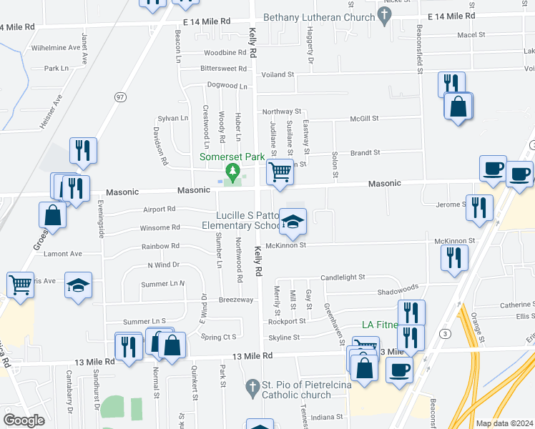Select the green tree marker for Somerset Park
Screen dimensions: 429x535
pyautogui.click(x=232, y=172)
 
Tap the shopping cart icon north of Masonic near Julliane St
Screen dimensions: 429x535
pyautogui.click(x=280, y=172)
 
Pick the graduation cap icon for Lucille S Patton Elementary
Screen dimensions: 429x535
pyautogui.click(x=293, y=222)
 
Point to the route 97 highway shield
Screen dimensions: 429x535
pyautogui.click(x=121, y=96)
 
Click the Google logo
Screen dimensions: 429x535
pyautogui.click(x=24, y=420)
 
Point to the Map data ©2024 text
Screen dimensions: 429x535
pyautogui.click(x=504, y=423)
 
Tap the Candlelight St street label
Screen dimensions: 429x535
pyautogui.click(x=343, y=277)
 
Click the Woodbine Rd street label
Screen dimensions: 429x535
pyautogui.click(x=225, y=53)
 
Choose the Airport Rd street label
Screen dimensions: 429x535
pyautogui.click(x=159, y=209)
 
